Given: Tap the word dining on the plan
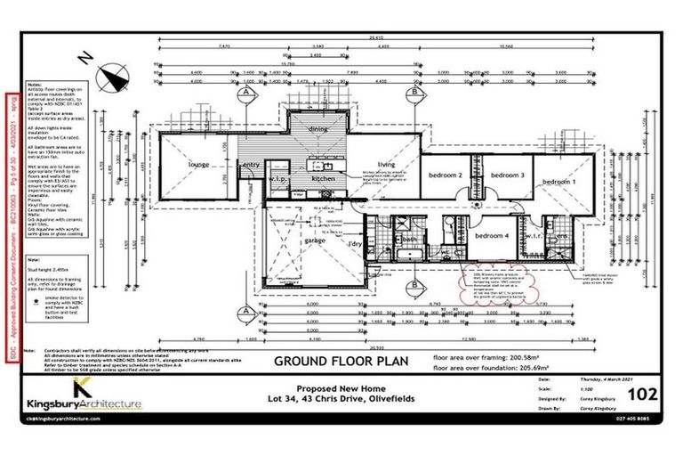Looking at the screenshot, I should point(318,129).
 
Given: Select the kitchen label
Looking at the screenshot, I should point(322,179).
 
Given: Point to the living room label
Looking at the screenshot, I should point(386,165).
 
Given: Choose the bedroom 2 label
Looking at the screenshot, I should point(446,175).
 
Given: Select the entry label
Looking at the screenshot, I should point(252,164).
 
